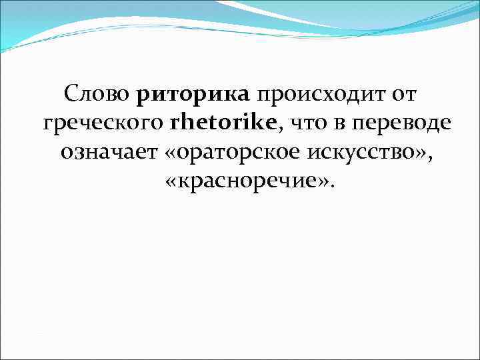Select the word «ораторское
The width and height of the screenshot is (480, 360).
click(231, 155)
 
